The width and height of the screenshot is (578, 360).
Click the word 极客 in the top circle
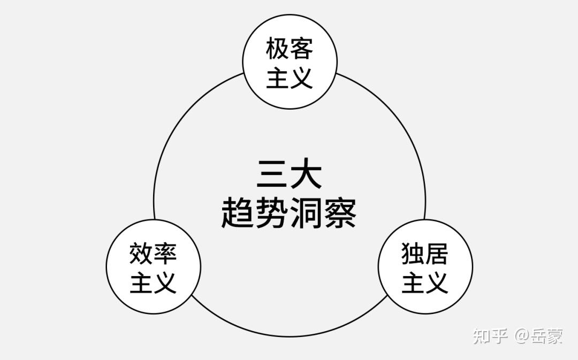point(290,49)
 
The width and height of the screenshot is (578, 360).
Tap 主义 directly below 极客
point(290,78)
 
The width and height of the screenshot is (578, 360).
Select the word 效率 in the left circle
point(153,253)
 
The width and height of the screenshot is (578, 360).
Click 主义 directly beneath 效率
point(153,282)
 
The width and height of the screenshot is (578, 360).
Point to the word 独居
point(425,253)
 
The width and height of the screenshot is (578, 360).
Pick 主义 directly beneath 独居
point(425,282)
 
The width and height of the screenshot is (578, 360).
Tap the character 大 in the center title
point(306,175)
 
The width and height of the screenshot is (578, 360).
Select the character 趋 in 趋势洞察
point(238,213)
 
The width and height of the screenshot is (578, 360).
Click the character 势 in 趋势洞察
point(272,213)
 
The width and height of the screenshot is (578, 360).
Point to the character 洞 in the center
point(306,213)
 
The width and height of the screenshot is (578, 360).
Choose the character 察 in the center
point(340,213)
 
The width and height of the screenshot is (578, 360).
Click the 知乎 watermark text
point(490,336)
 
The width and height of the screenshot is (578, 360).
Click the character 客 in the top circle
point(301,49)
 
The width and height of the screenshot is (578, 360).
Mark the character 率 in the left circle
point(165,253)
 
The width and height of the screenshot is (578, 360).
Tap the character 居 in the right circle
point(437,253)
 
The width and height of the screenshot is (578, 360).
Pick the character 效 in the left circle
point(141,253)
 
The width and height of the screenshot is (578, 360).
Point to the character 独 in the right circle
point(413,253)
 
